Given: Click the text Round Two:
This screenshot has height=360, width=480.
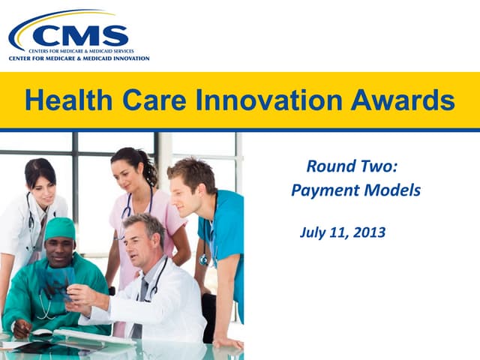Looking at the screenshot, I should (x=351, y=166).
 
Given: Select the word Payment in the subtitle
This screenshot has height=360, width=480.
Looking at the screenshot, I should (x=323, y=190).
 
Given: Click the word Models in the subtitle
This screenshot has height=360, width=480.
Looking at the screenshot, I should (x=391, y=190).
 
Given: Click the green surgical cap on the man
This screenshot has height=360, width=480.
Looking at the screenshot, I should (x=59, y=227).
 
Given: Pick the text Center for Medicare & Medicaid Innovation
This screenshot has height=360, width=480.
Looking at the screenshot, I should (x=79, y=58).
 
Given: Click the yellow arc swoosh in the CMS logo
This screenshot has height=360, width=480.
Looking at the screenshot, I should (x=45, y=19).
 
